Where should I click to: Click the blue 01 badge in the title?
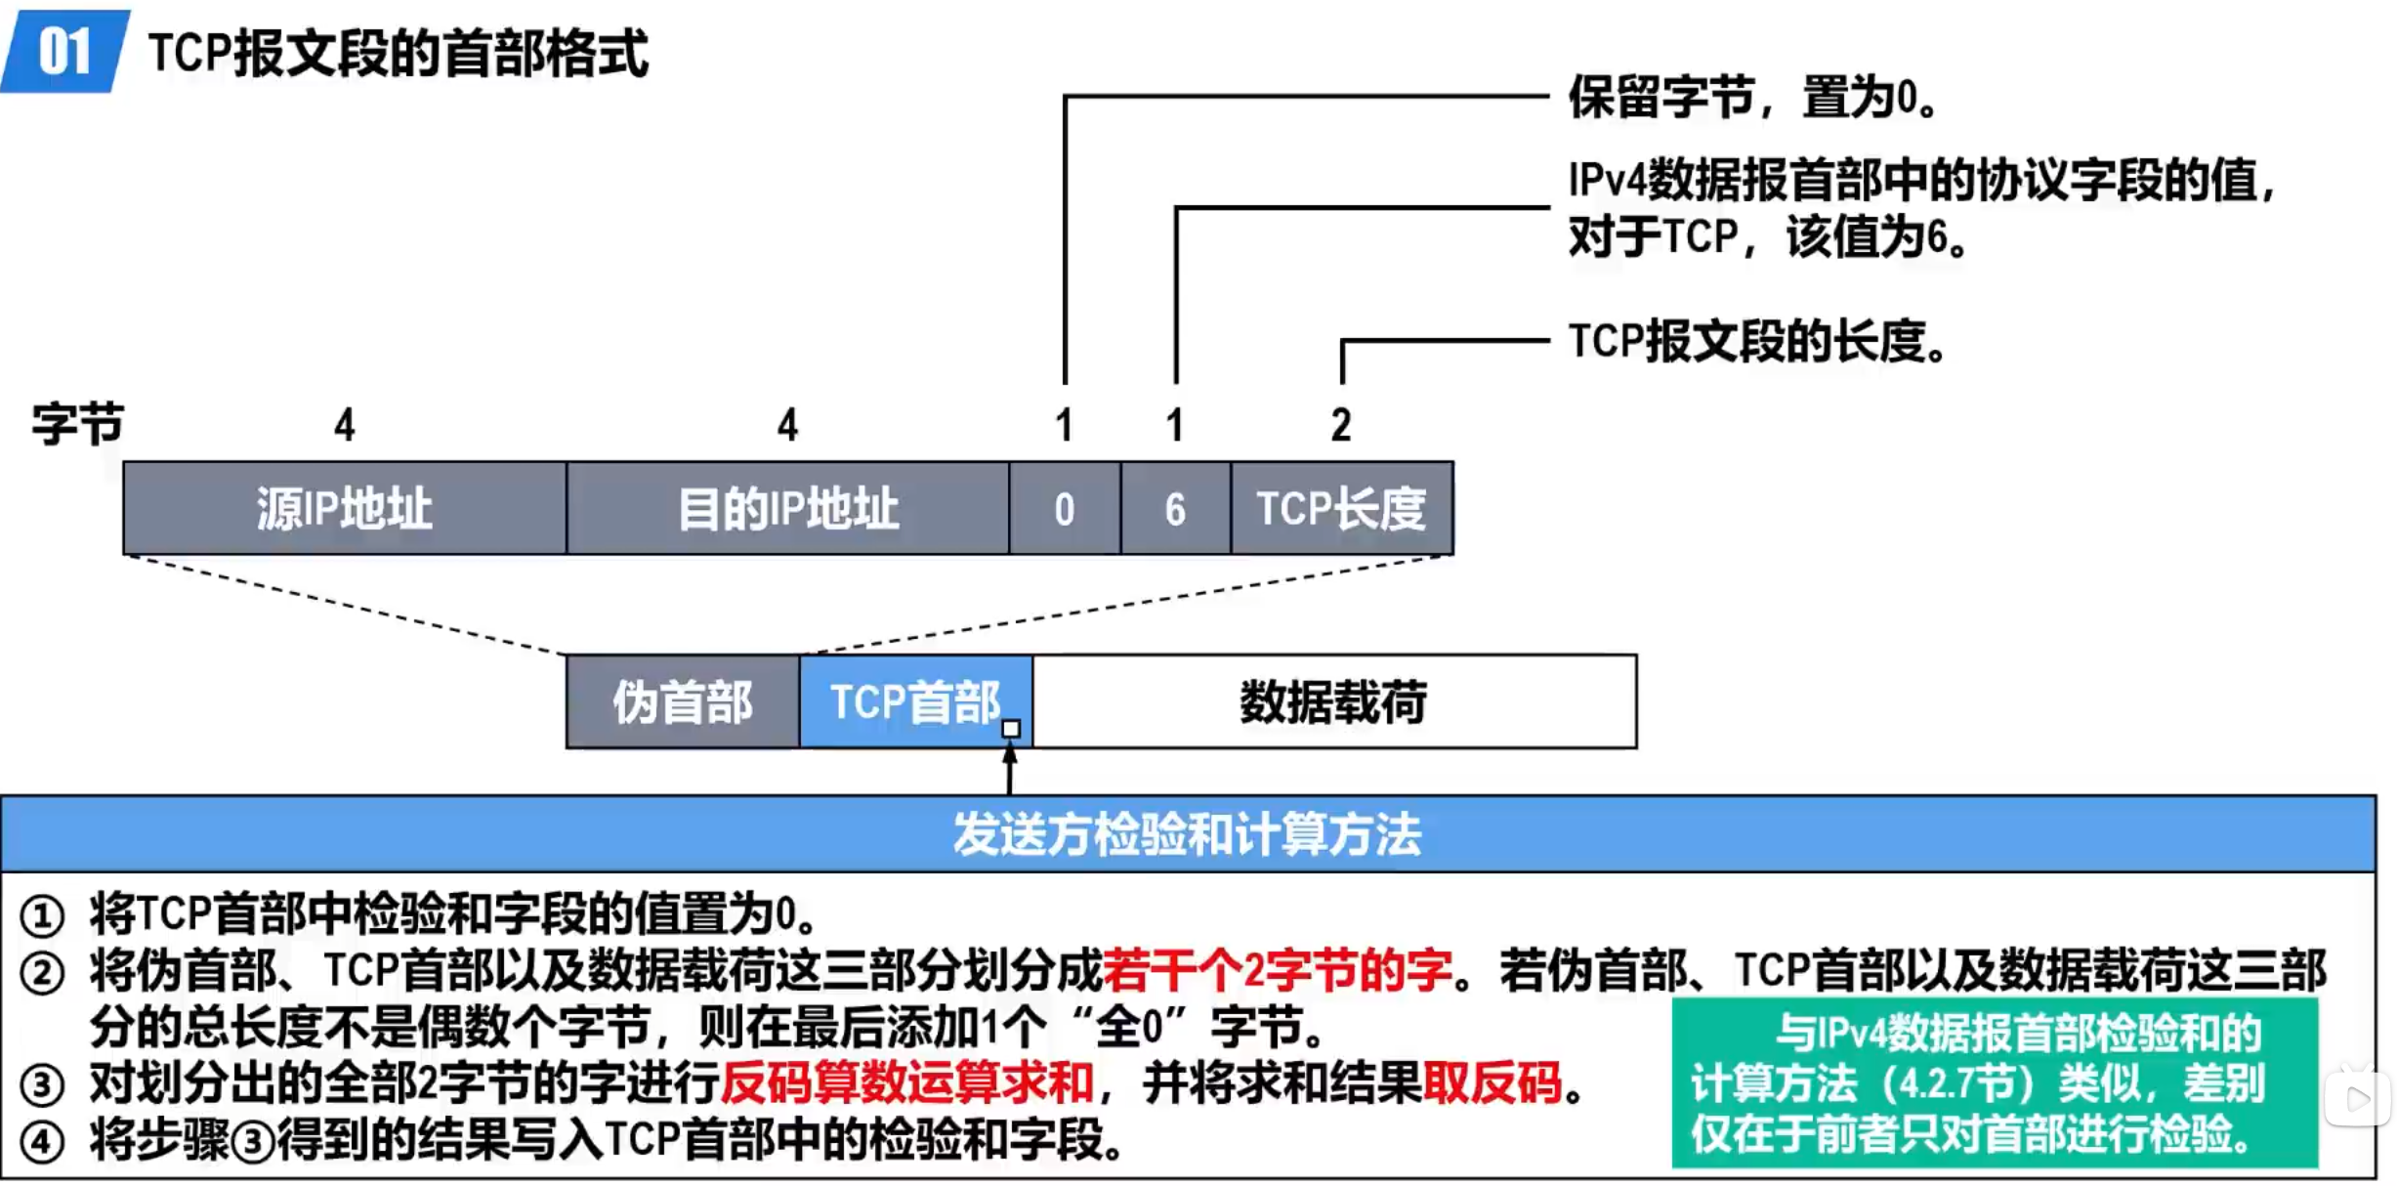tap(64, 51)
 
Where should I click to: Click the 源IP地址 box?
tap(344, 508)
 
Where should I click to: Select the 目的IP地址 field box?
tap(787, 508)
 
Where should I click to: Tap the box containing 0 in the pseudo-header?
tap(1064, 508)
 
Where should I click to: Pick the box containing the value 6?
tap(1175, 508)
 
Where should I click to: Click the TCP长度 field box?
tap(1341, 508)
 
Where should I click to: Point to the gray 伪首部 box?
tap(682, 701)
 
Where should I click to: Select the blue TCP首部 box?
tap(914, 701)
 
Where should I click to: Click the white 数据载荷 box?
tap(1333, 701)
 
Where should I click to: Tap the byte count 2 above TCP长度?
tap(1341, 425)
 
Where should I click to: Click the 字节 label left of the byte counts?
tap(77, 424)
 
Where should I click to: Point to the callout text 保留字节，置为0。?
tap(1752, 98)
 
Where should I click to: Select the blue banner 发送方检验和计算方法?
tap(1187, 834)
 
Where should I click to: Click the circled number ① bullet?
tap(42, 916)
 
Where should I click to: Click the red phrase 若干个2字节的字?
tap(1277, 970)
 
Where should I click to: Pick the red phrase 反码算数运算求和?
tap(906, 1082)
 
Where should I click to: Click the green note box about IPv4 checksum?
tap(1994, 1082)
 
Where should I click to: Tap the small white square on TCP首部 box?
tap(1011, 729)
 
